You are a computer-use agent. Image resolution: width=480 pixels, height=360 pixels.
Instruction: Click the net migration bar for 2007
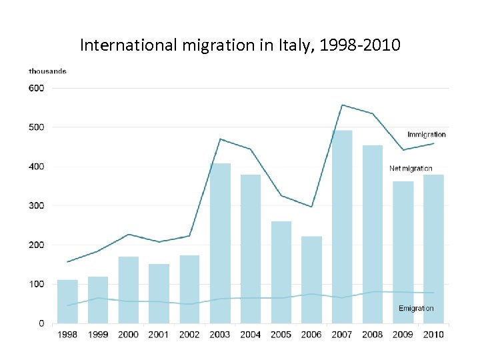(342, 227)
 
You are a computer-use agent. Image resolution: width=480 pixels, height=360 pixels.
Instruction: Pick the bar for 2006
(311, 280)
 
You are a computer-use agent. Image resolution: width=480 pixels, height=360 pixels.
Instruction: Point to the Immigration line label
(426, 135)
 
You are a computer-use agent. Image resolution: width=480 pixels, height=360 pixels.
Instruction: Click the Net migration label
(411, 169)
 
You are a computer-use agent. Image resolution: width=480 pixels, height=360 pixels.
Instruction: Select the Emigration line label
(416, 308)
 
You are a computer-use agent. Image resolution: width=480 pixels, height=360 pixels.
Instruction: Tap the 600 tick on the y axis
(36, 88)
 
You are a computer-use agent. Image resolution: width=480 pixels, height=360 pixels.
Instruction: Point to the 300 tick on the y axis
(36, 206)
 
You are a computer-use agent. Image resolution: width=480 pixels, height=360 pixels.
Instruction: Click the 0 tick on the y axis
(41, 323)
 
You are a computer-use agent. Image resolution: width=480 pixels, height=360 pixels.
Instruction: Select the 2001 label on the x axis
(159, 335)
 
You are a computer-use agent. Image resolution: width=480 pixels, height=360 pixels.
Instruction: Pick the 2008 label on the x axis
(372, 335)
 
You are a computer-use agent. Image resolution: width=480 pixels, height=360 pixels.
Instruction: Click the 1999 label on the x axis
(98, 335)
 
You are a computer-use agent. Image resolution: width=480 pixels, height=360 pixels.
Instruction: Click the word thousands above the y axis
(47, 71)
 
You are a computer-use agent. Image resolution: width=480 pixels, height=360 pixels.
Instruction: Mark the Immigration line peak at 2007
(342, 105)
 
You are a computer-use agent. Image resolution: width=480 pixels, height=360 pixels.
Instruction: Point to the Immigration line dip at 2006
(311, 207)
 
